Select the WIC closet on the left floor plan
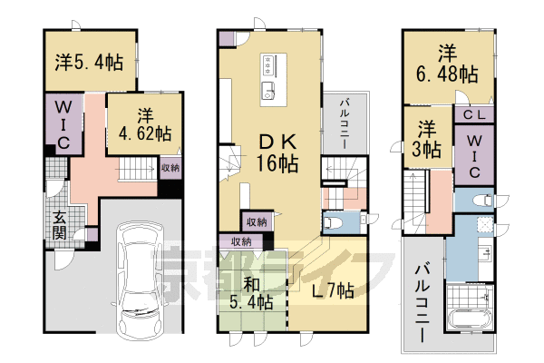click(64, 130)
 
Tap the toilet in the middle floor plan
click(333, 221)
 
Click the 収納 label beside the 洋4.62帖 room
click(170, 168)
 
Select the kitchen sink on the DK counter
click(268, 90)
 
